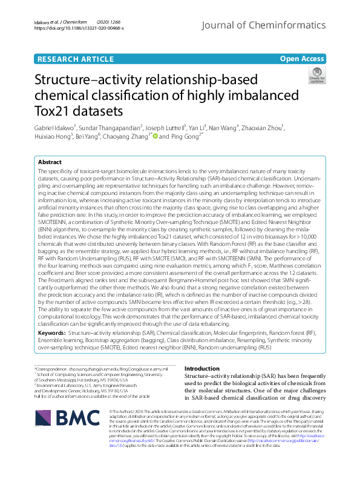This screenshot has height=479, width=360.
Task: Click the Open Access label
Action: pos(302,59)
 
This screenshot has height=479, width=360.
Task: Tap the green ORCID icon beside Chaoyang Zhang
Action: pos(155,137)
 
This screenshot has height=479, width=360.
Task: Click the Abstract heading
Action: pos(50,162)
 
